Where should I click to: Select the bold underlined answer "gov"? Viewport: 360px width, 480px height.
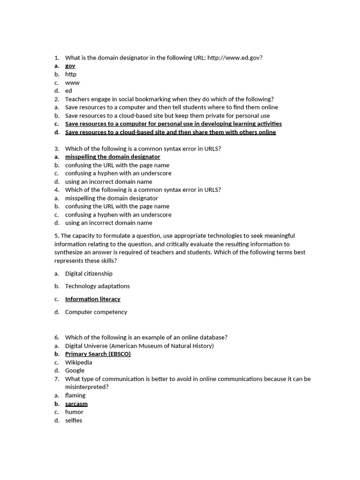click(x=70, y=66)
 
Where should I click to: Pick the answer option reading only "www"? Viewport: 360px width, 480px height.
click(x=72, y=82)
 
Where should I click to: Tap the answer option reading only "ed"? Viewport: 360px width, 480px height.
click(x=68, y=91)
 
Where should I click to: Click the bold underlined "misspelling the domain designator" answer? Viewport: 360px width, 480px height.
click(x=112, y=157)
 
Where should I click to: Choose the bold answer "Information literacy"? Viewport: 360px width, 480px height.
click(x=92, y=299)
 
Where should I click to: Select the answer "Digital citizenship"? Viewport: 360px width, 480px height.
click(x=89, y=273)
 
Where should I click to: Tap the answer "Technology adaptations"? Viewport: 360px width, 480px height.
click(x=97, y=286)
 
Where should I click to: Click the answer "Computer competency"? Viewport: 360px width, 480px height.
click(x=96, y=312)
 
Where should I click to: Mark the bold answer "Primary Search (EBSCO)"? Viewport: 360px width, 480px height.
click(x=97, y=354)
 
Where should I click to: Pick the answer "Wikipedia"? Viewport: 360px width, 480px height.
click(x=78, y=362)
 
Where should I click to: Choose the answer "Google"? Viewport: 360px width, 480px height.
click(x=75, y=370)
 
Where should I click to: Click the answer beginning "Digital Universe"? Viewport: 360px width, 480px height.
click(x=139, y=346)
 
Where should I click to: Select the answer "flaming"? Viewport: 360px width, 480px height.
click(x=75, y=395)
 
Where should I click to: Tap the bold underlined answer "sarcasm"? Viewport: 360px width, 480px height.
click(x=76, y=404)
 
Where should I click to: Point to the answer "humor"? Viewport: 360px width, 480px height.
click(x=74, y=412)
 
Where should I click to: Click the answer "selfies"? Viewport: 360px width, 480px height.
click(x=74, y=420)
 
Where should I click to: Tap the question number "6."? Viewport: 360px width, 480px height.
click(x=57, y=337)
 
